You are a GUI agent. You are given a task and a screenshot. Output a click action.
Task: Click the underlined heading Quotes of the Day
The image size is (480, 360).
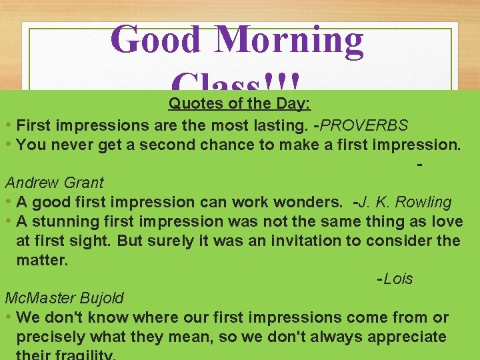241,103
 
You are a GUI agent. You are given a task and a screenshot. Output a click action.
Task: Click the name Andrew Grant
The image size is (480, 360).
54,182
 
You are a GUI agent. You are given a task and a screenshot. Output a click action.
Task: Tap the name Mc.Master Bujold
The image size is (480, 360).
64,297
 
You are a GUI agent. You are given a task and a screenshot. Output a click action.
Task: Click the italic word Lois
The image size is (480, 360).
398,279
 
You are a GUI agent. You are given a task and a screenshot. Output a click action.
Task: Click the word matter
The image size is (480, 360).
42,260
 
